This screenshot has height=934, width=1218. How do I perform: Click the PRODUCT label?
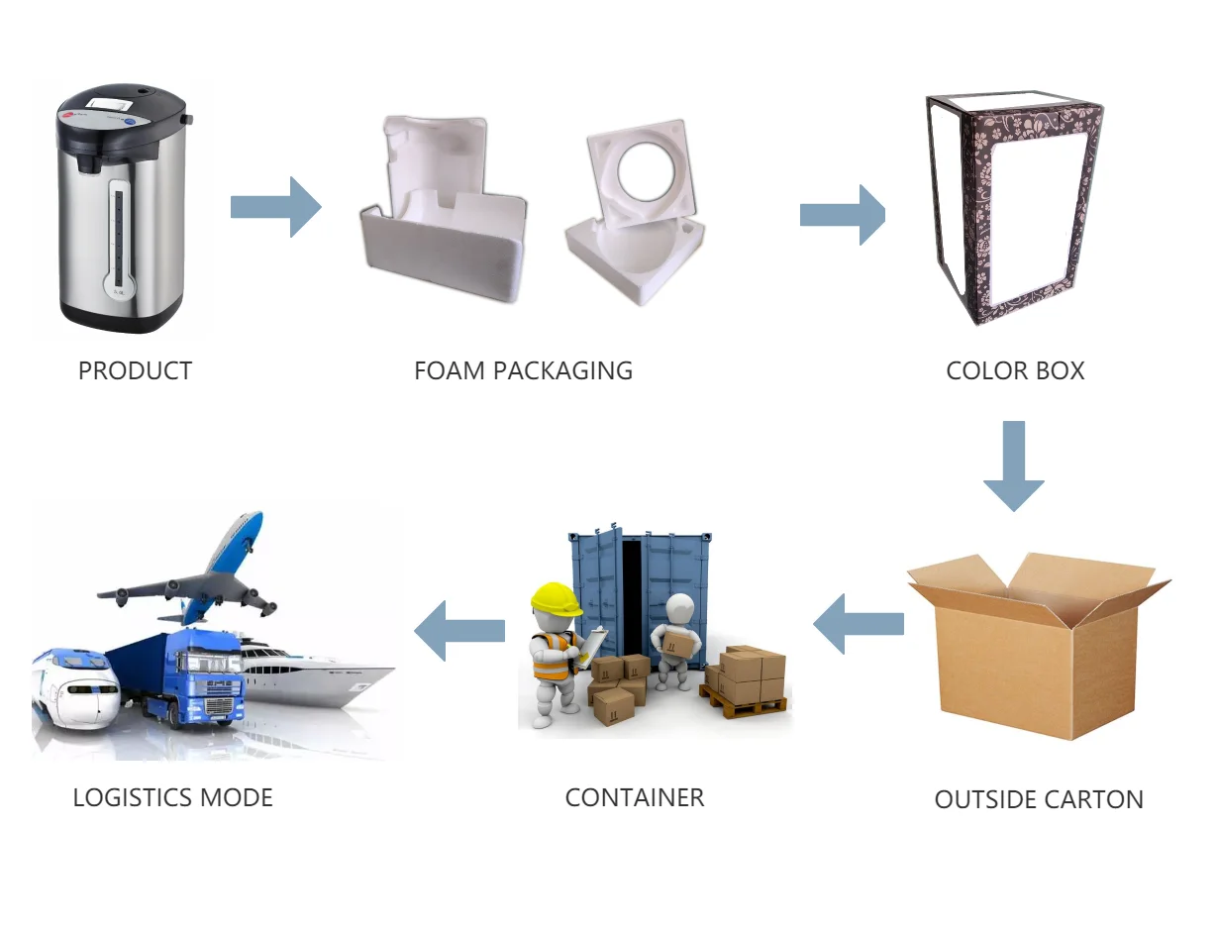pos(135,371)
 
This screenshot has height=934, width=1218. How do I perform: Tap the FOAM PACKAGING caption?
pos(523,371)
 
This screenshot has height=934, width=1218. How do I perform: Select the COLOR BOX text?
pos(1015,371)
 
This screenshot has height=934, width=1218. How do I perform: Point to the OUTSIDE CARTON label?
pos(1039,800)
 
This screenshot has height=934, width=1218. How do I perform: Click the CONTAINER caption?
pos(635,797)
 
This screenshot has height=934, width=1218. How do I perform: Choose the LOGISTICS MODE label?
pos(173,797)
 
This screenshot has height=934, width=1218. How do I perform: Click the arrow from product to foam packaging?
pos(276,207)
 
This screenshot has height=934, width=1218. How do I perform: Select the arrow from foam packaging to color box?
pos(843,214)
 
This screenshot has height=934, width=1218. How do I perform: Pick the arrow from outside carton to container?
pos(859,624)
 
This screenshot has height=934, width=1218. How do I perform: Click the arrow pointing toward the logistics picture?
pos(459,630)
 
